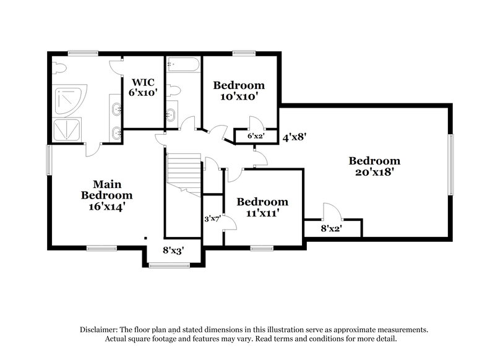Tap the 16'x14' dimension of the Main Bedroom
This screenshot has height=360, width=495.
click(x=106, y=207)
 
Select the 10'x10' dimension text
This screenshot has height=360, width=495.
click(x=238, y=96)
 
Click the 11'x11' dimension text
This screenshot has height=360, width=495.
click(x=262, y=213)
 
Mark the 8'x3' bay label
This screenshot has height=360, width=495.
click(x=173, y=251)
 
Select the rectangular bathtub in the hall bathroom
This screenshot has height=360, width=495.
click(x=183, y=65)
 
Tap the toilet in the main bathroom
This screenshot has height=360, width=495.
click(x=60, y=69)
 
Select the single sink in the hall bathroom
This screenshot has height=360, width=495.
click(x=171, y=115)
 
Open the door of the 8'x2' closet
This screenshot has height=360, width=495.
click(x=329, y=211)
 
